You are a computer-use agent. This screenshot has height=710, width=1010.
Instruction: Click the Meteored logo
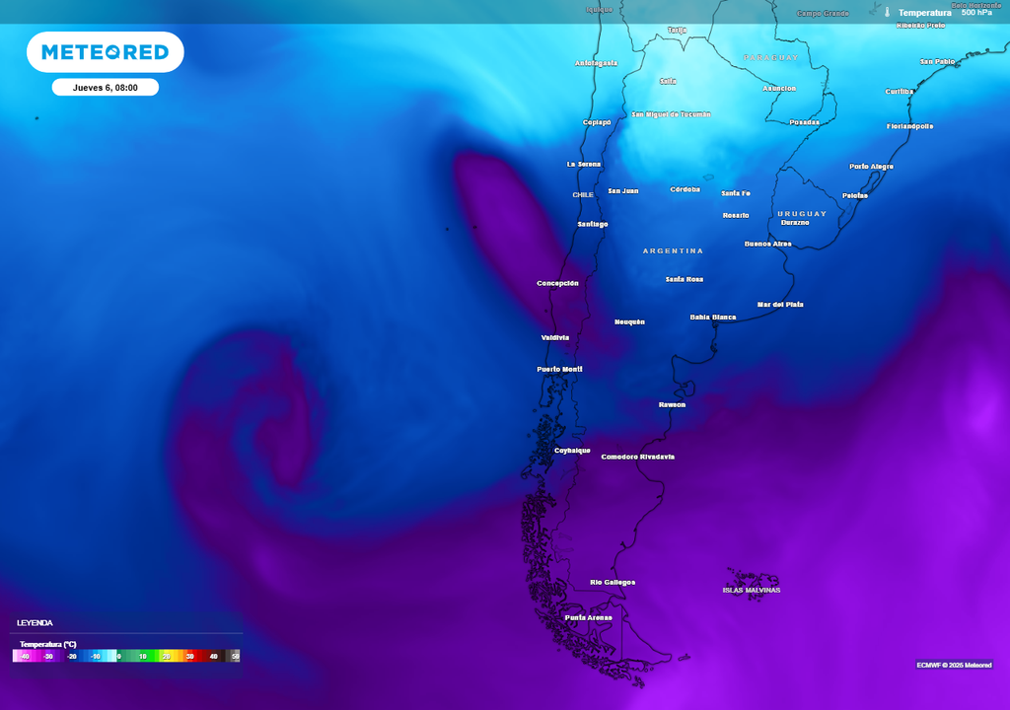(x=105, y=52)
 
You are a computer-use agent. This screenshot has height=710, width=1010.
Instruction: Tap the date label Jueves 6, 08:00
(x=105, y=88)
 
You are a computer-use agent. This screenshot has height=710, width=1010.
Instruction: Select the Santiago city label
(x=593, y=224)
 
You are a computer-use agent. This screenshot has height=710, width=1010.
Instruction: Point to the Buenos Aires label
(x=767, y=244)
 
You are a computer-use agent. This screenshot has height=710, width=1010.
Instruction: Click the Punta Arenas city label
(x=588, y=617)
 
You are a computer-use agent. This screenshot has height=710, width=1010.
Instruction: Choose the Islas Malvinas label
(x=751, y=590)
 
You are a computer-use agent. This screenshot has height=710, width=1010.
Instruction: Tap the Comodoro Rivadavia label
(x=637, y=457)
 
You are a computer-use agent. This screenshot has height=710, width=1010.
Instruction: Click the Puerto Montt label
(x=559, y=369)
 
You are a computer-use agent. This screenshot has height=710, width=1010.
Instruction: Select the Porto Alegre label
(x=871, y=167)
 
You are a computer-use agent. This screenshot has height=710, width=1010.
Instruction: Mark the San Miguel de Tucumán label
(x=671, y=114)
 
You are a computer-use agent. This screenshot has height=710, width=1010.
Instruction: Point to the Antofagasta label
(x=596, y=63)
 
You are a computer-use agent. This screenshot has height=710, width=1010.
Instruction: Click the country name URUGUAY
(x=801, y=213)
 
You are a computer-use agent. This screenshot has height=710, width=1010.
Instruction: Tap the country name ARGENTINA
(x=673, y=250)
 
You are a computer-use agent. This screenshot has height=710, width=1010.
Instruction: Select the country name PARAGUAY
(x=770, y=58)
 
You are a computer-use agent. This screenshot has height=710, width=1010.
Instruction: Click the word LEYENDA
(x=35, y=622)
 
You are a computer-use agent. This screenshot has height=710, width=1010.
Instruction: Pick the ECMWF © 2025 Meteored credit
(x=953, y=665)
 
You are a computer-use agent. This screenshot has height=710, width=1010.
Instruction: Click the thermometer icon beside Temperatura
(x=887, y=13)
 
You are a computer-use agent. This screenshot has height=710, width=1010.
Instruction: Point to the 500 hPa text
(x=976, y=13)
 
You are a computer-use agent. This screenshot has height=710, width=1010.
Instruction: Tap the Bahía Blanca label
(x=712, y=318)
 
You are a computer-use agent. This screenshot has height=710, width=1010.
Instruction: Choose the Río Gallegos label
(x=612, y=582)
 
